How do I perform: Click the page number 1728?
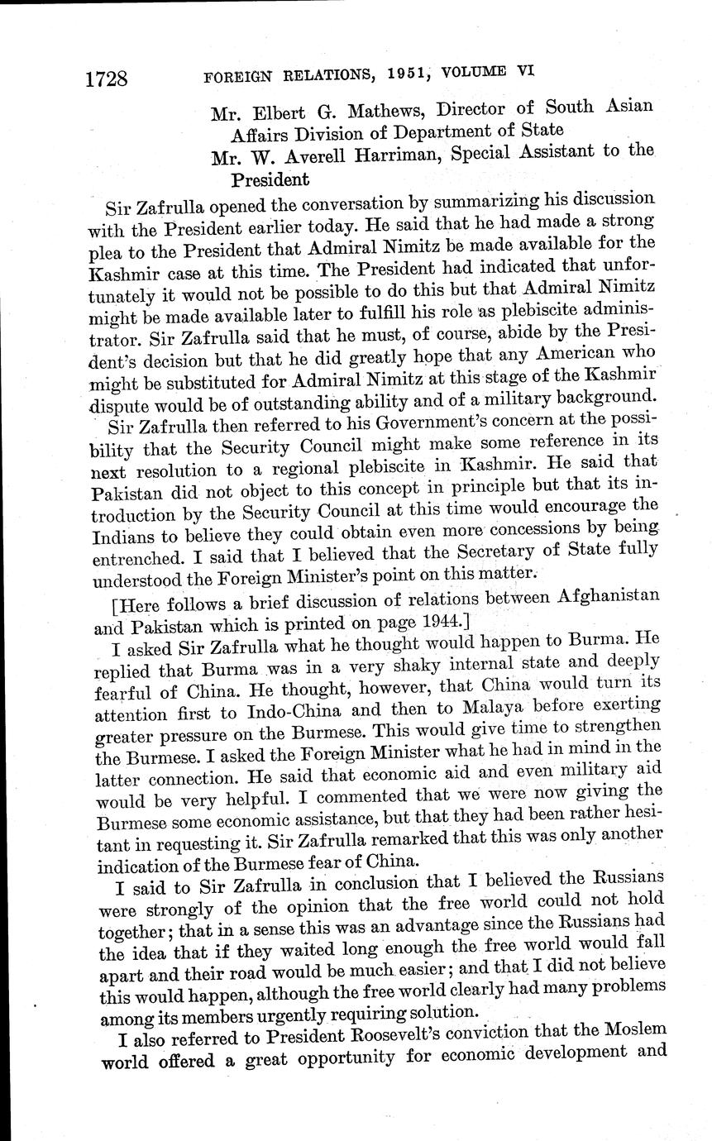pos(105,79)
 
